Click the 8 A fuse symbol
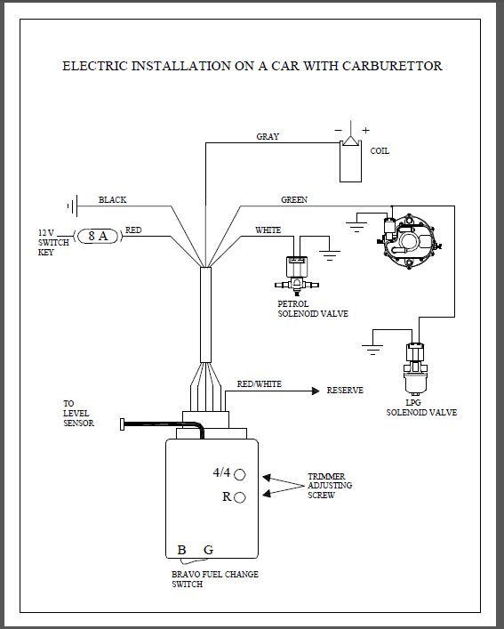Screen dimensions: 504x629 click(x=98, y=236)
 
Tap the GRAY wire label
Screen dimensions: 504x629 click(x=268, y=136)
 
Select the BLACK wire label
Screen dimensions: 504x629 click(x=113, y=200)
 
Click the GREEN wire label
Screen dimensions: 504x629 click(x=294, y=200)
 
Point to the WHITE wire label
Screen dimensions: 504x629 click(x=268, y=230)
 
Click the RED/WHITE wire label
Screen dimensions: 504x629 click(x=260, y=384)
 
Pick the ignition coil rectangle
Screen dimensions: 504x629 click(x=350, y=161)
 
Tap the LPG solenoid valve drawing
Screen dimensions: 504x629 click(x=416, y=369)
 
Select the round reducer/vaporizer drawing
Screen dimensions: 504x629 click(x=410, y=241)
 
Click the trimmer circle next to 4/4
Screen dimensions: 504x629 click(x=240, y=474)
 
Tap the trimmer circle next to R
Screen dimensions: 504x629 click(x=240, y=497)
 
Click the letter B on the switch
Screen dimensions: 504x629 click(x=181, y=550)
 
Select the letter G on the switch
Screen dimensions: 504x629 click(x=208, y=550)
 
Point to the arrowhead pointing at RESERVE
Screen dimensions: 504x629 click(x=316, y=391)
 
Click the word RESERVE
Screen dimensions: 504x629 click(x=345, y=391)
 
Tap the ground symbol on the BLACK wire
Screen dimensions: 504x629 click(x=73, y=206)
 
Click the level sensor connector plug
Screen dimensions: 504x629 click(x=122, y=424)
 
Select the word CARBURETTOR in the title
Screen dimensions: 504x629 click(x=392, y=66)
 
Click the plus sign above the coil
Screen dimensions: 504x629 click(x=366, y=130)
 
